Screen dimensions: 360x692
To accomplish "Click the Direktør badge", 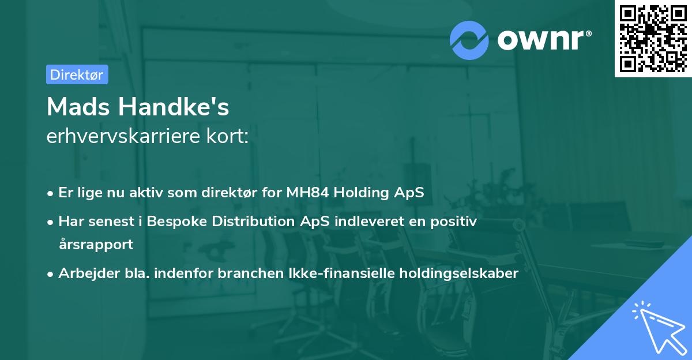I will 77,74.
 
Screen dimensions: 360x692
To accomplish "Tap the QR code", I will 653,38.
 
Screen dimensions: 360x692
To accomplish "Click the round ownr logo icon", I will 469,40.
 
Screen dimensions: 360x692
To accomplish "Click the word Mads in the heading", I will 78,106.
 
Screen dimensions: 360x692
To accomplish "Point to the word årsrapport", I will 96,245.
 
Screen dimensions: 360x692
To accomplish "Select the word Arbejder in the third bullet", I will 84,273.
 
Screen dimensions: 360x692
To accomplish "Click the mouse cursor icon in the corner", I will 657,327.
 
